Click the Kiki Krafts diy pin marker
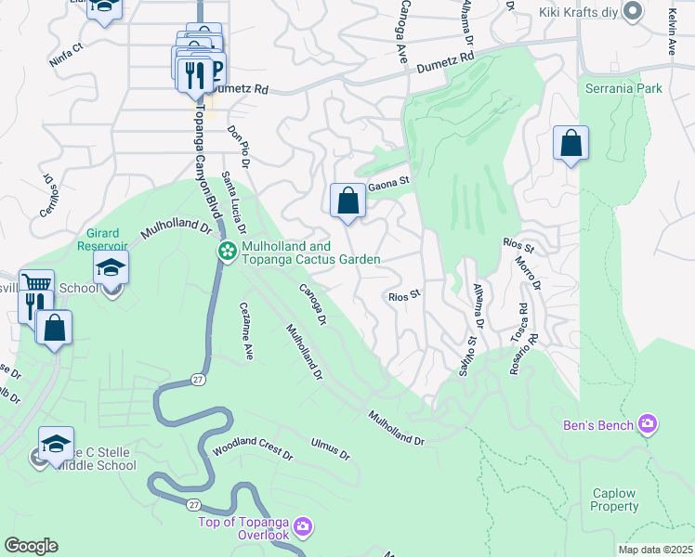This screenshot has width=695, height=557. click(633, 12)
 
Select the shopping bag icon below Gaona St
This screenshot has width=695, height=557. click(347, 200)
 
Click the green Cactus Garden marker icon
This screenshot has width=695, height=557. click(227, 252)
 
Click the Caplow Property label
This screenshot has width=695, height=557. click(614, 500)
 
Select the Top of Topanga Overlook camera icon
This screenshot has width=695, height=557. click(303, 528)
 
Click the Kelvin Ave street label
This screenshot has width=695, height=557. click(671, 33)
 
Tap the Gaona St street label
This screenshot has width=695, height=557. click(389, 183)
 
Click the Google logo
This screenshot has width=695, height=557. click(31, 545)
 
